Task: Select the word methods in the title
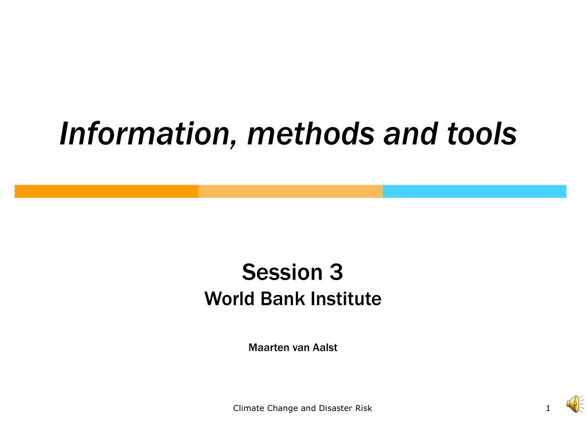(x=311, y=133)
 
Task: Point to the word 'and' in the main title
(x=410, y=133)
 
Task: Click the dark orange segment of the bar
(x=106, y=191)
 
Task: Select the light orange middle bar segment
(x=290, y=191)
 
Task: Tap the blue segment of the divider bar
(x=474, y=191)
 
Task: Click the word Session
(x=282, y=272)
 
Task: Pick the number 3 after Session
(x=336, y=272)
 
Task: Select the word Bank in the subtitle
(x=284, y=298)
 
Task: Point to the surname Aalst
(x=325, y=348)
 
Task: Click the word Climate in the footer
(x=248, y=408)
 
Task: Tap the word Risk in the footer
(x=363, y=408)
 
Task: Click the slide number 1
(x=548, y=408)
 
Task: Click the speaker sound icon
(x=575, y=404)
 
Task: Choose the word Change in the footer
(x=282, y=408)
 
